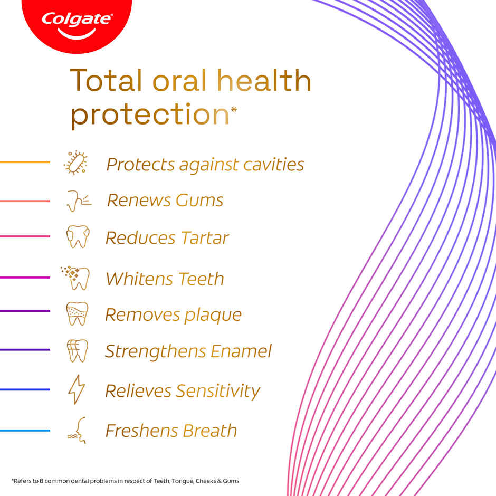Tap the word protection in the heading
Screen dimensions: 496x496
[x=149, y=115]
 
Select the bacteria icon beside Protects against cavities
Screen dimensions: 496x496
[x=76, y=163]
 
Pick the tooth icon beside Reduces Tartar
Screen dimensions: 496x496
[x=78, y=237]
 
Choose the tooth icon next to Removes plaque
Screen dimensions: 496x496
[x=77, y=313]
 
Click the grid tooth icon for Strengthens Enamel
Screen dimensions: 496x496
[x=77, y=351]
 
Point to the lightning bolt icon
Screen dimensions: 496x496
[x=76, y=390]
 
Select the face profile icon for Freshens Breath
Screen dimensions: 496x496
[x=77, y=430]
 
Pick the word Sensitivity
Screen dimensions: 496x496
[x=218, y=392]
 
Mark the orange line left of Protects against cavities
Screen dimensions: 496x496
[x=25, y=163]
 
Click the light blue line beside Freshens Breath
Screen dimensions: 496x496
[x=25, y=431]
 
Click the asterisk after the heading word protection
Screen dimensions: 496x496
[x=234, y=109]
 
